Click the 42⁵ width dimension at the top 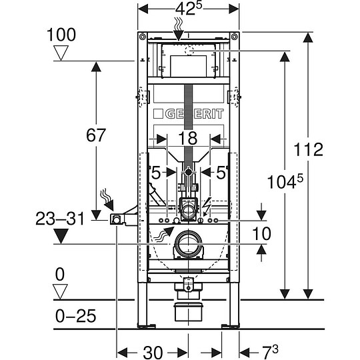click(x=188, y=9)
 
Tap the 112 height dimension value click(x=309, y=149)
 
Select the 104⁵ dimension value click(x=285, y=181)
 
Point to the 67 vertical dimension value click(x=96, y=135)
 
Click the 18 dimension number click(x=188, y=138)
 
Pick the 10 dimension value click(x=262, y=233)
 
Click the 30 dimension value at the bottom click(x=153, y=353)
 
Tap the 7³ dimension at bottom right click(x=270, y=352)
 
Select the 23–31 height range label click(x=60, y=219)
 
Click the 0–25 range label click(x=75, y=316)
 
